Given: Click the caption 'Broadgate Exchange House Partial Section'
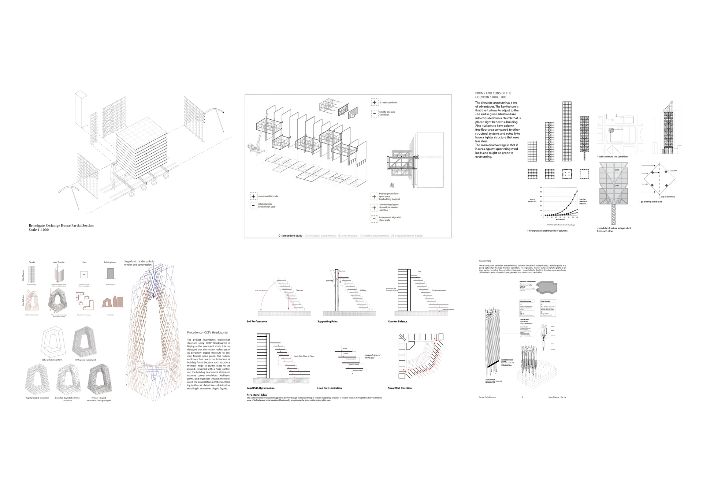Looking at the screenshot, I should point(61,225).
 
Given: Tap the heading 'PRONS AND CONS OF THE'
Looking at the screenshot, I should point(493,93).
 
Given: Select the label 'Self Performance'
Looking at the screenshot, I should point(257,321).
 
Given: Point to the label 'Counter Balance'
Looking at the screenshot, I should point(397,321).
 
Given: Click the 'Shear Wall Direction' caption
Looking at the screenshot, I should point(399,388).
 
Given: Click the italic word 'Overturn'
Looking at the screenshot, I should point(299,290).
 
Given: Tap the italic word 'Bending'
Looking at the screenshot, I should point(329,281).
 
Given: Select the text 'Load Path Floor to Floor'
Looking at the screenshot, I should point(304,356).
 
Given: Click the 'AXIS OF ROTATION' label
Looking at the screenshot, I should point(667,197).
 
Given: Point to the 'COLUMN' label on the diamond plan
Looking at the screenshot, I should point(673,171).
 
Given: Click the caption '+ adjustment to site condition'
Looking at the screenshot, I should point(612,157).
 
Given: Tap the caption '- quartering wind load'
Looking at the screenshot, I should point(650,202).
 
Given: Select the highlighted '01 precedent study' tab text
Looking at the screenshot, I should point(290,236).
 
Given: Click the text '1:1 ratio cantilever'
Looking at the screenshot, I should point(388,102).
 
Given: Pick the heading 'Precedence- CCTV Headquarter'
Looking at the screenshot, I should point(208,333).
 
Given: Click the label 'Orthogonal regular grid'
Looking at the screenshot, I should point(85,360).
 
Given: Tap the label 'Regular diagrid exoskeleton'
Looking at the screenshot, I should point(37,398).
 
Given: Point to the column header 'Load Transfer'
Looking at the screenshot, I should point(59,262).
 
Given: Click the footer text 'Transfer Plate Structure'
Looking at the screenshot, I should point(487,397).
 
